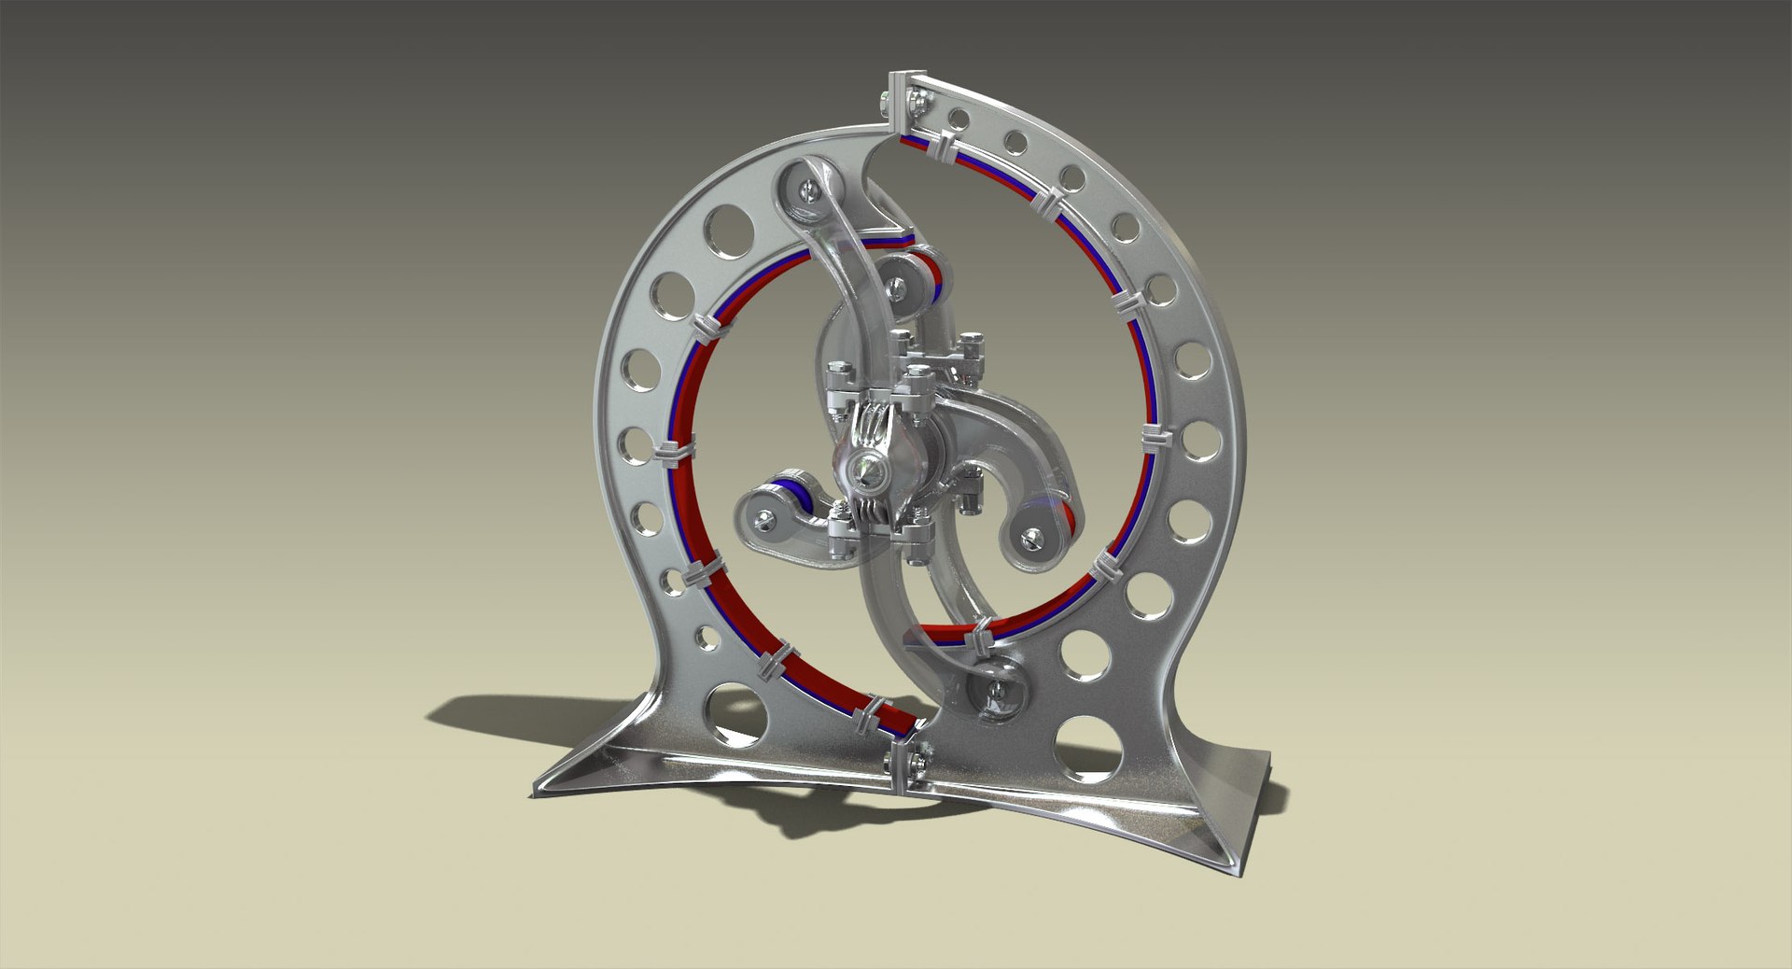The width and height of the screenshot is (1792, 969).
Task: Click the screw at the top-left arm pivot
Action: coord(805,190)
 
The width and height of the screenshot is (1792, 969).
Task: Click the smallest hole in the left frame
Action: coord(707,638)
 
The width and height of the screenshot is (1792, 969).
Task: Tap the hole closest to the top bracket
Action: coord(958,118)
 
